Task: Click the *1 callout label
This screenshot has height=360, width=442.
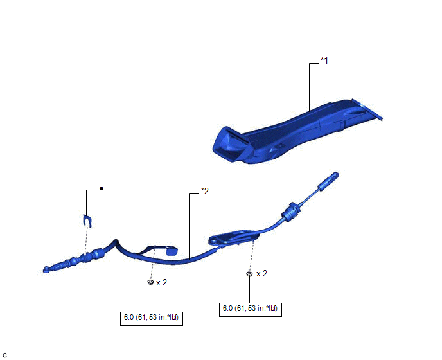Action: [x=324, y=60]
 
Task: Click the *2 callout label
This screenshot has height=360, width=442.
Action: [x=205, y=191]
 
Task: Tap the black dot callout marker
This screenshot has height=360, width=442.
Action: [x=102, y=188]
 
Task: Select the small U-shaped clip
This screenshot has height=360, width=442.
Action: [x=87, y=221]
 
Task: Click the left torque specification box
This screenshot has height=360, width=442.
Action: [x=152, y=318]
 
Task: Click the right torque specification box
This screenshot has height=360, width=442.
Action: [x=251, y=309]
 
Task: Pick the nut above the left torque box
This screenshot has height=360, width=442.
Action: [x=150, y=282]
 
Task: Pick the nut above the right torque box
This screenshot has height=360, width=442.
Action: [x=249, y=274]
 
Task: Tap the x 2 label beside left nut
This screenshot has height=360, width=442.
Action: [x=161, y=282]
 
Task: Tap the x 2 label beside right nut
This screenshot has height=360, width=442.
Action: [x=261, y=273]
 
